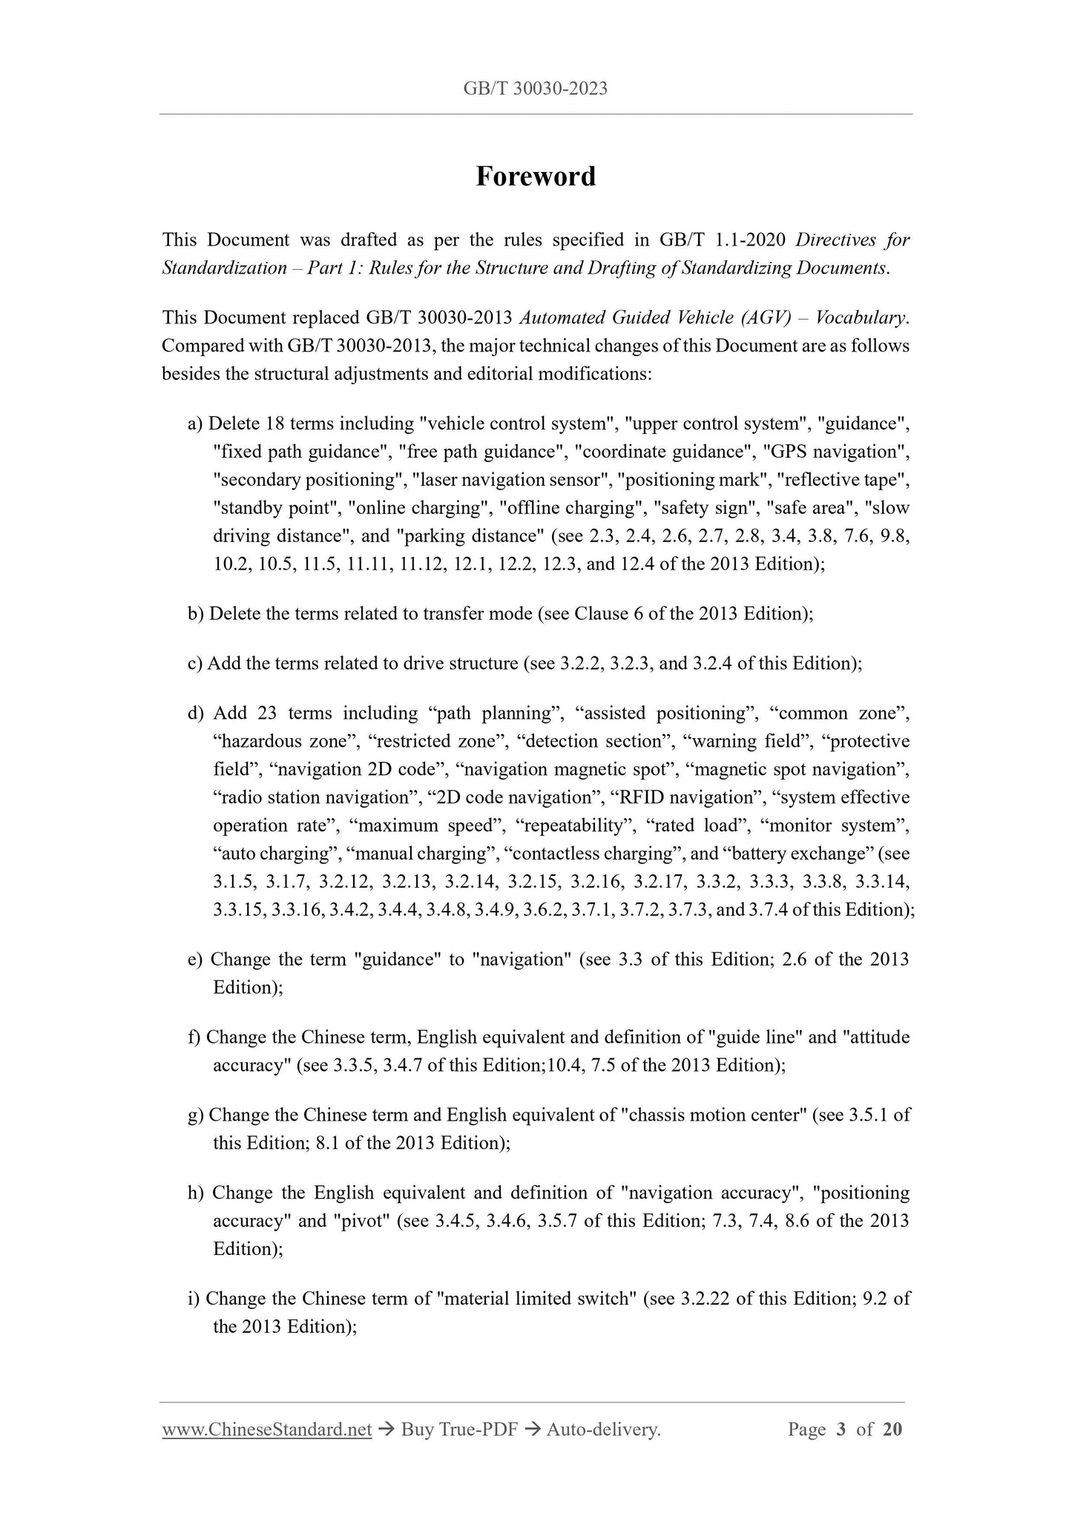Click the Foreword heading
[x=536, y=177]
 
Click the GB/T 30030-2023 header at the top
[x=536, y=89]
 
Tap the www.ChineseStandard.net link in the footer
[x=266, y=1429]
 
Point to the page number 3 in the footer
[x=841, y=1429]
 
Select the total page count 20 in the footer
[x=892, y=1429]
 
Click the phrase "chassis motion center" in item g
[x=713, y=1115]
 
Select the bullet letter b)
[x=196, y=614]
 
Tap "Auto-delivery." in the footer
[x=603, y=1429]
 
